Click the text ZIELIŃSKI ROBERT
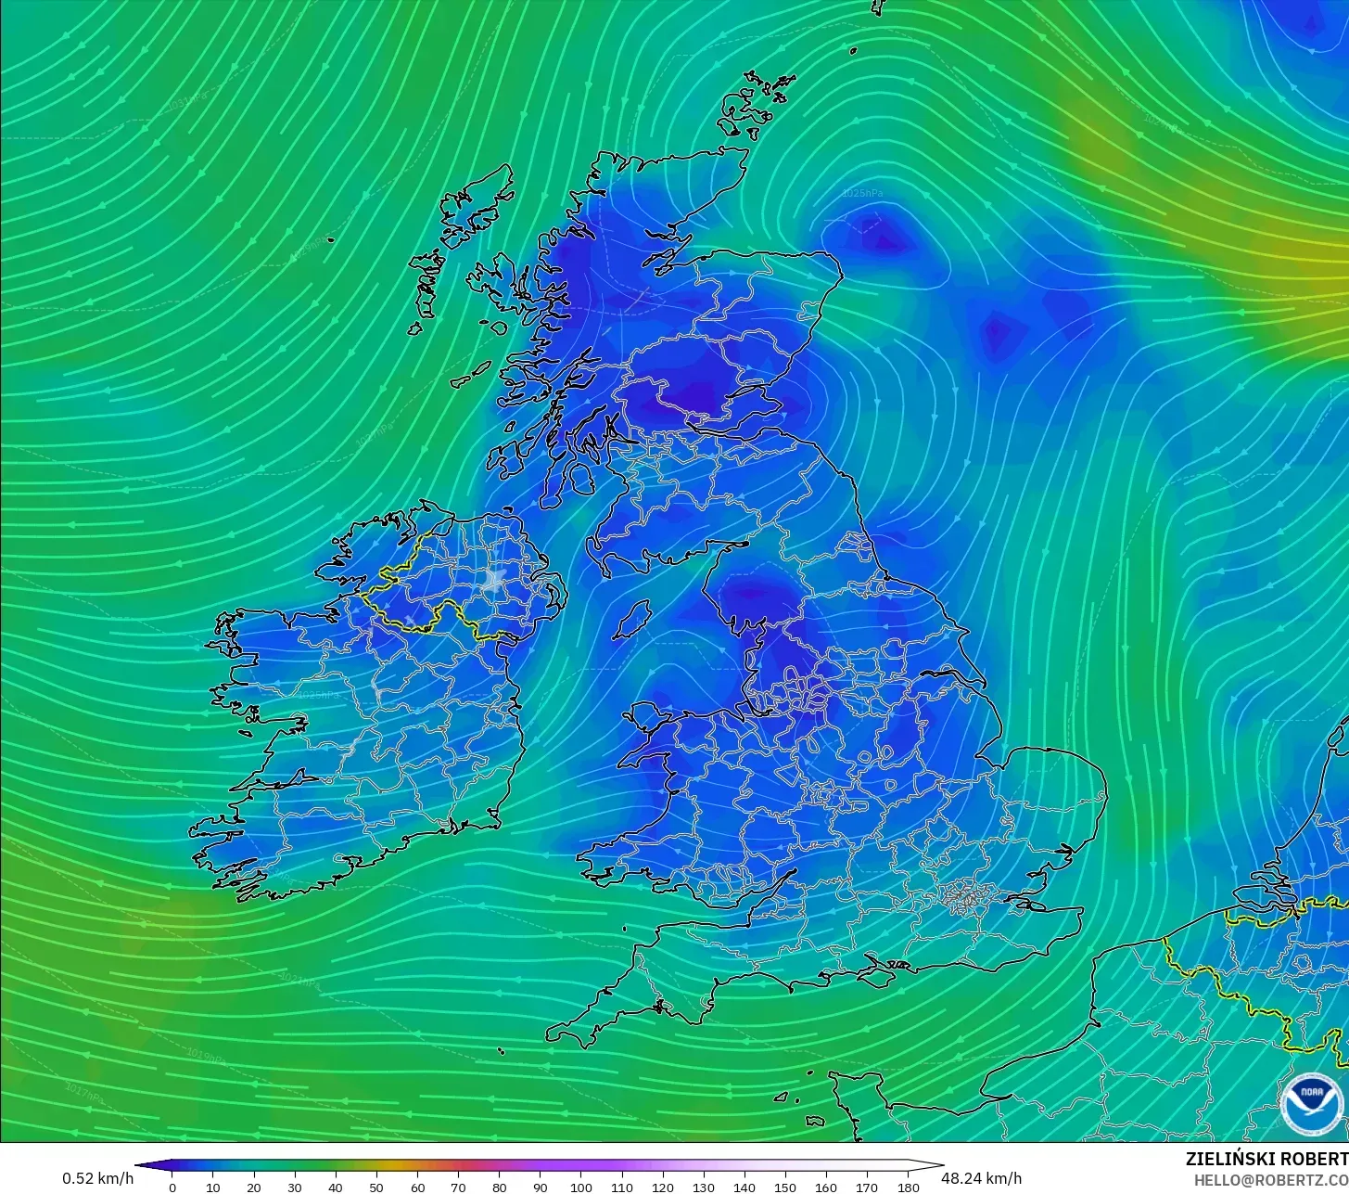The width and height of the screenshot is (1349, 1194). pyautogui.click(x=1266, y=1160)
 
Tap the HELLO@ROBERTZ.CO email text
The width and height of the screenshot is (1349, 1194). pyautogui.click(x=1270, y=1180)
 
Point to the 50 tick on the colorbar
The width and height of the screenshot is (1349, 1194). pyautogui.click(x=376, y=1187)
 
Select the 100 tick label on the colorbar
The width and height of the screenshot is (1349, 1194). pyautogui.click(x=581, y=1187)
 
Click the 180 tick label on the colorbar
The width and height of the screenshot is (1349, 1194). pyautogui.click(x=909, y=1187)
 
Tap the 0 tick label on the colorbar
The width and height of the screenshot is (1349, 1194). pyautogui.click(x=172, y=1187)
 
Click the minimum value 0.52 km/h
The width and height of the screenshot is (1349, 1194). pyautogui.click(x=98, y=1178)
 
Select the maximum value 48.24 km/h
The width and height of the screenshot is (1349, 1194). pyautogui.click(x=981, y=1178)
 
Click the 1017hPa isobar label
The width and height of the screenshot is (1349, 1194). pyautogui.click(x=85, y=1095)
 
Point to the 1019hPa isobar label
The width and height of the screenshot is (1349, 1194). pyautogui.click(x=207, y=1056)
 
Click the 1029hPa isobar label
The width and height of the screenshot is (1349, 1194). pyautogui.click(x=311, y=247)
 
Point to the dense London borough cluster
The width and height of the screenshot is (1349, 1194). pyautogui.click(x=966, y=897)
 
